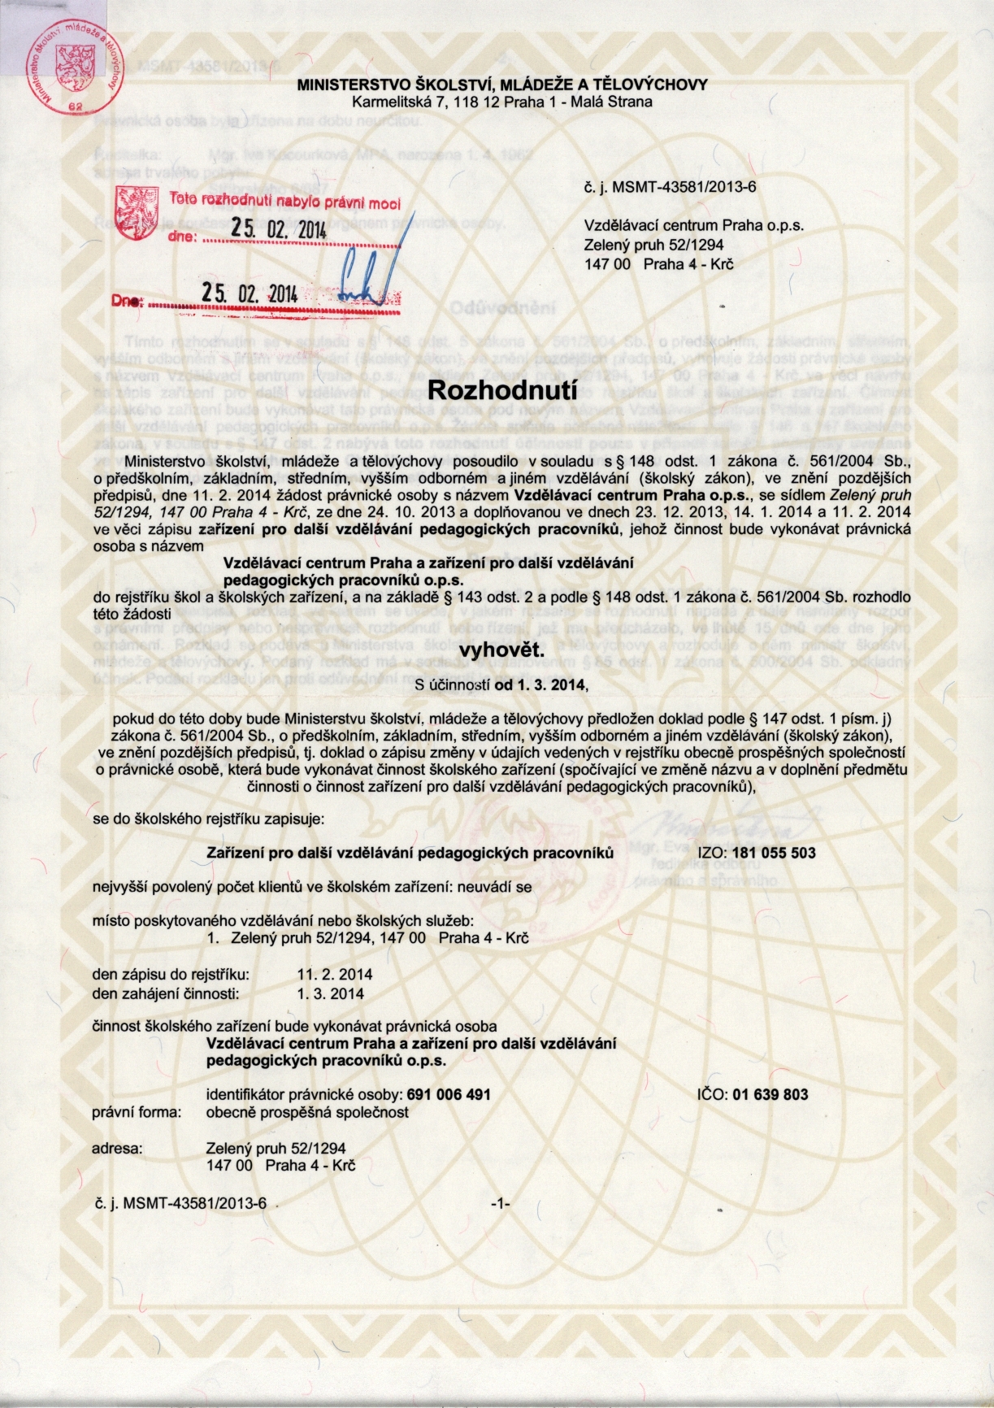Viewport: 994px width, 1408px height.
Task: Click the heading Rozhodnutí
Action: point(497,389)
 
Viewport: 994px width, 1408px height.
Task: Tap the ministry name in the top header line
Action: point(501,85)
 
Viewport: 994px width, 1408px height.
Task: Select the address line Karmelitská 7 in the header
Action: point(501,102)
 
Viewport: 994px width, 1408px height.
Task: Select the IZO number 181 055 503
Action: point(774,853)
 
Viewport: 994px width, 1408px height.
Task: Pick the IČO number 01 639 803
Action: point(770,1094)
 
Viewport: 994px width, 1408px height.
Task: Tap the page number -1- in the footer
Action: point(500,1204)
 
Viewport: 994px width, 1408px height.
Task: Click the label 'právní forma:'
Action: point(137,1112)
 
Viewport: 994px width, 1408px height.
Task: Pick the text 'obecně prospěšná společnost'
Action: point(308,1112)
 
